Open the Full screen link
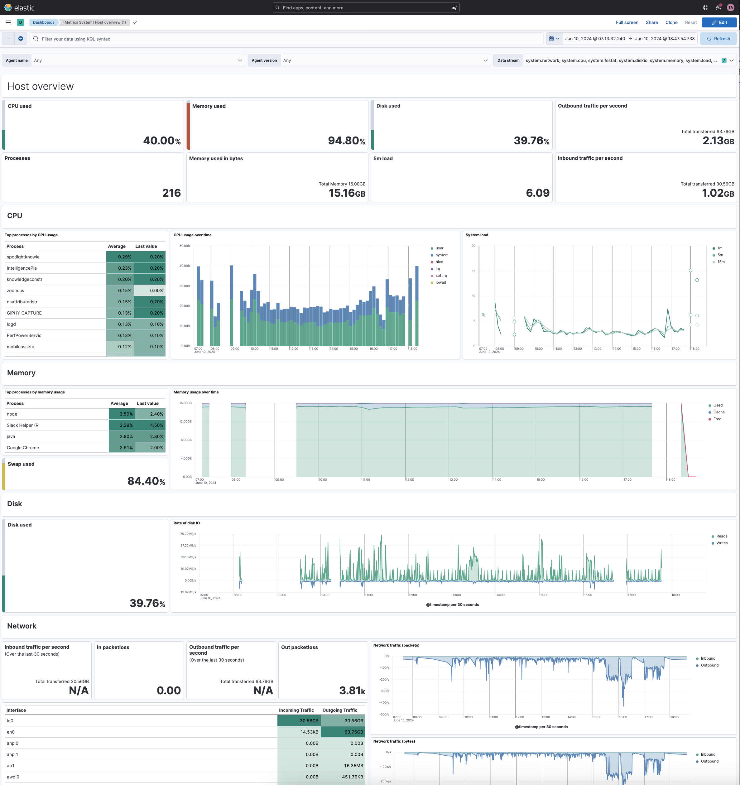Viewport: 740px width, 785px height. tap(627, 22)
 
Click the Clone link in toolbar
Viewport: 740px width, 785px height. tap(671, 22)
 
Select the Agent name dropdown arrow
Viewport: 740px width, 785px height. tap(240, 60)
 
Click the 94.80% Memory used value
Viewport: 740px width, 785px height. tap(346, 141)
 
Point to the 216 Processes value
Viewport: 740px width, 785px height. tap(171, 193)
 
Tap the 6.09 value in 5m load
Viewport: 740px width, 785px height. tap(537, 193)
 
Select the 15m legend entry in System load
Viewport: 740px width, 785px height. tap(721, 262)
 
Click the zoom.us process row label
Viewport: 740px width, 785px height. tap(15, 291)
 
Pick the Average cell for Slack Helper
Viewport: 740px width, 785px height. tap(122, 425)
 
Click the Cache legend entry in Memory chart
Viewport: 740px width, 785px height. tap(719, 412)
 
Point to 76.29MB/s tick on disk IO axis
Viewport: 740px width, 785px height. tap(188, 534)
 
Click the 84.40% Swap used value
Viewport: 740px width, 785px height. tap(146, 481)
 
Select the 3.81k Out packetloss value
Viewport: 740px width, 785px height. tap(352, 690)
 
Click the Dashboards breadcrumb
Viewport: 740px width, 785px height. tap(43, 22)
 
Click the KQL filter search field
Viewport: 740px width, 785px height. tap(276, 39)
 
